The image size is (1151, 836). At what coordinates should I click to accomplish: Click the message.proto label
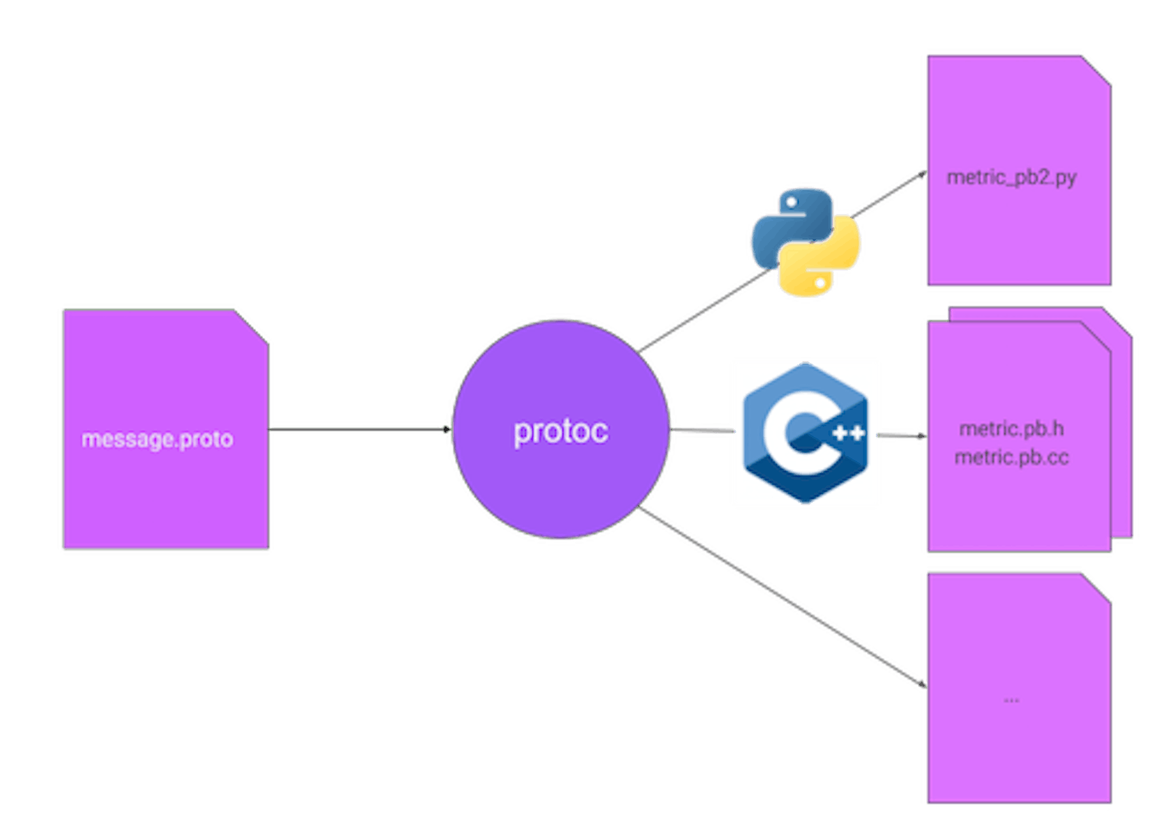[x=157, y=439]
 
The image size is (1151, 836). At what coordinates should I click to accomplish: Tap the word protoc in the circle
[x=561, y=431]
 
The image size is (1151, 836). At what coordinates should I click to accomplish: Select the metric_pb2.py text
[x=1011, y=177]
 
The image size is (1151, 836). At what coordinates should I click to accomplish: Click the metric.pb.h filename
[x=1011, y=429]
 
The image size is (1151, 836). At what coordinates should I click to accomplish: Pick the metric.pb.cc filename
[x=1011, y=457]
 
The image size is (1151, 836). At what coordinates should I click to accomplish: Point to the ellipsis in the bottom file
[x=1011, y=699]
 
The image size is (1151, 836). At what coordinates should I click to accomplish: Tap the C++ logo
[x=805, y=432]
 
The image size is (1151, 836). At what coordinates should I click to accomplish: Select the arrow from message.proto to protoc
[x=360, y=428]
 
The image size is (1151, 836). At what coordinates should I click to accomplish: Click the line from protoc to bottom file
[x=781, y=598]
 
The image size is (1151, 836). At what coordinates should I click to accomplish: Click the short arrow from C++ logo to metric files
[x=901, y=434]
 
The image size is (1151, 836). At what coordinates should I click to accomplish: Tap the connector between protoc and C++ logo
[x=703, y=431]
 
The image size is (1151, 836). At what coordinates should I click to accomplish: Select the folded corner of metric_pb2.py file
[x=1097, y=69]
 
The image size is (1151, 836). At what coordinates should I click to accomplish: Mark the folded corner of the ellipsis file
[x=1097, y=587]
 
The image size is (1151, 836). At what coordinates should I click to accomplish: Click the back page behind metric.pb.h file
[x=1122, y=435]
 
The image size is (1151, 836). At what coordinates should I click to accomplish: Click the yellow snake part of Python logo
[x=826, y=265]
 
